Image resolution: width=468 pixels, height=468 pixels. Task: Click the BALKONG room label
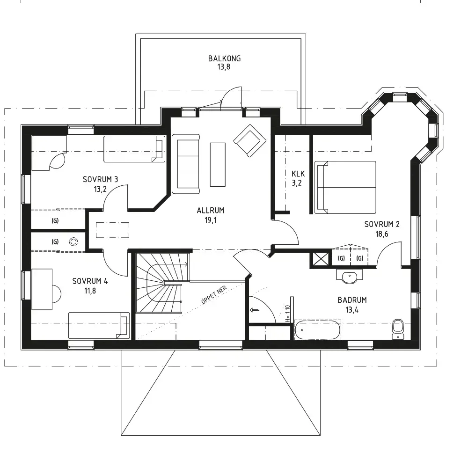[x=224, y=58]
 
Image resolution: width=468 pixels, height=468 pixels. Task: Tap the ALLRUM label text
[x=211, y=211]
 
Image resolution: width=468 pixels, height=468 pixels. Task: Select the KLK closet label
[x=298, y=174]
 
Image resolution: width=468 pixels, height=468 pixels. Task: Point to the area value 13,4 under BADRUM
[x=352, y=310]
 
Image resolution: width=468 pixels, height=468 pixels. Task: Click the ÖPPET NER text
[x=214, y=295]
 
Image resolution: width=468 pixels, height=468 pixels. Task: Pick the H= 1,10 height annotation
[x=287, y=314]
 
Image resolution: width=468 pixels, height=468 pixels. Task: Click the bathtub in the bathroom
[x=318, y=330]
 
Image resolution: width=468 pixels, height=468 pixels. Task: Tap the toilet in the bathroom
[x=397, y=329]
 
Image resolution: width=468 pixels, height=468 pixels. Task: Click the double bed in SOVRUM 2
[x=345, y=188]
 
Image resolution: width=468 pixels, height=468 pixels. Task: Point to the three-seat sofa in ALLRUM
[x=186, y=164]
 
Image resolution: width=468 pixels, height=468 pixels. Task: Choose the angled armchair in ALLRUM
[x=250, y=140]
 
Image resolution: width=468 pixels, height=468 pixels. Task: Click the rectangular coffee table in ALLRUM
[x=218, y=164]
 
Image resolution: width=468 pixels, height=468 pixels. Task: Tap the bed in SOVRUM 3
[x=134, y=149]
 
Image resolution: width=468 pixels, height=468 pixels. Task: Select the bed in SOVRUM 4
[x=99, y=325]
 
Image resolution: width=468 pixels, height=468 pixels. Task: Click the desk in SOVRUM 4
[x=42, y=289]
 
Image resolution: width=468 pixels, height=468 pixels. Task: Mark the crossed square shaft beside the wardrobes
[x=320, y=258]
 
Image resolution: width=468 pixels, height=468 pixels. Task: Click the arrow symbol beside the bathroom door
[x=255, y=310]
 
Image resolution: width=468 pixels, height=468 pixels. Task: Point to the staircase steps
[x=163, y=283]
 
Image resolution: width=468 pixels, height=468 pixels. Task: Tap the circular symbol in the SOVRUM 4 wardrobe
[x=73, y=241]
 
